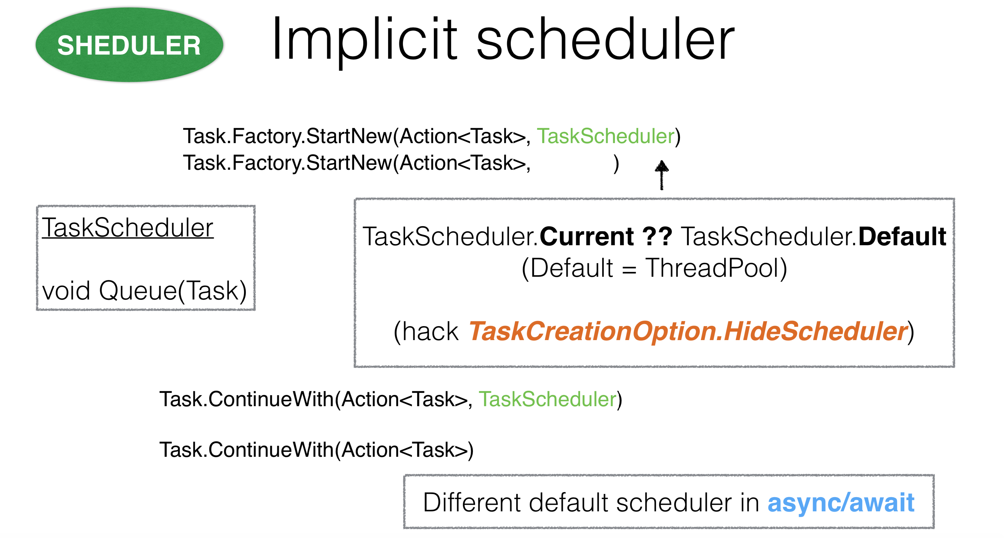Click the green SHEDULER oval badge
tap(129, 45)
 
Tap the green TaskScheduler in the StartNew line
tap(606, 136)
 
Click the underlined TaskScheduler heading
tap(128, 228)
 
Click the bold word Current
tap(586, 236)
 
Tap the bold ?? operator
tap(657, 236)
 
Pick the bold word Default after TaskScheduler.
tap(902, 236)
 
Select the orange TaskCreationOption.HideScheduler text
tap(688, 331)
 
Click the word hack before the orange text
tap(430, 332)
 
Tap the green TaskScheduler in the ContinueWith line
tap(548, 399)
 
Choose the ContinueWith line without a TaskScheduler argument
tap(316, 450)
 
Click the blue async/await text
tap(841, 503)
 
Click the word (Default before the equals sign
tap(567, 269)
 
